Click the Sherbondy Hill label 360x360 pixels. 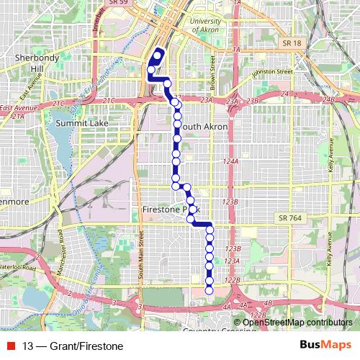tap(32, 62)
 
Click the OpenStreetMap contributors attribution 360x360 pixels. tap(297, 323)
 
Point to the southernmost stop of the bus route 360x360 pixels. tap(210, 291)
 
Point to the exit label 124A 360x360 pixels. tap(230, 161)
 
